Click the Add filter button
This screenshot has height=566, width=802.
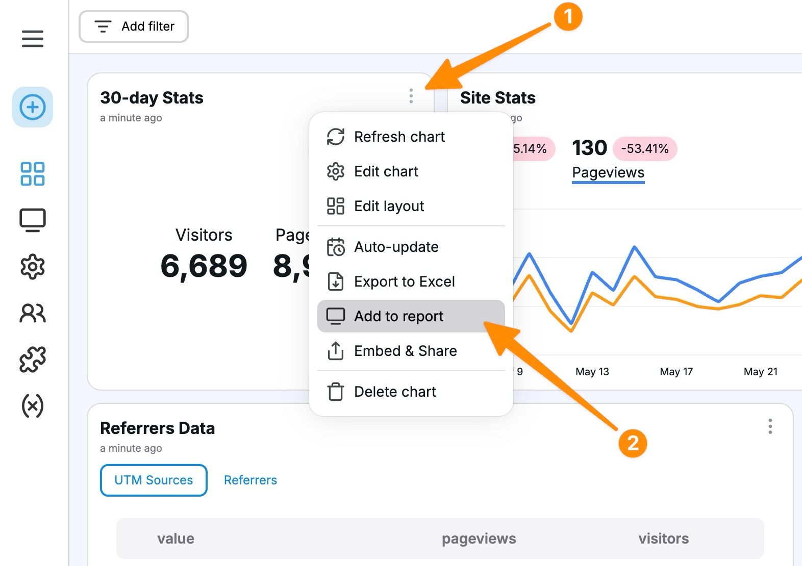pyautogui.click(x=134, y=27)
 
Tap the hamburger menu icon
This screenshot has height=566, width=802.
pyautogui.click(x=33, y=39)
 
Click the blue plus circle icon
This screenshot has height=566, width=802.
pyautogui.click(x=33, y=107)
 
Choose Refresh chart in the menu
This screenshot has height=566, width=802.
pyautogui.click(x=399, y=137)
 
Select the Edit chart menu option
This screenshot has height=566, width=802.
pyautogui.click(x=386, y=171)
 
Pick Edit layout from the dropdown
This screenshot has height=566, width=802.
pyautogui.click(x=389, y=206)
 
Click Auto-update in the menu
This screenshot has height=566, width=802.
pyautogui.click(x=396, y=247)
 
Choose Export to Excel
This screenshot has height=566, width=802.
pyautogui.click(x=404, y=281)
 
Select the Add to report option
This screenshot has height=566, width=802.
pyautogui.click(x=398, y=316)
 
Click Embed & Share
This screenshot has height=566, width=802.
pyautogui.click(x=405, y=351)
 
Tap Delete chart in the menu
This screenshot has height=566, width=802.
pyautogui.click(x=395, y=392)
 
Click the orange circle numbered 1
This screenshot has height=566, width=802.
pyautogui.click(x=568, y=17)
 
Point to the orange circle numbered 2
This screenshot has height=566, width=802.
pyautogui.click(x=633, y=443)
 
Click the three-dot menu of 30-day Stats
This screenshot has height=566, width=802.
pyautogui.click(x=411, y=96)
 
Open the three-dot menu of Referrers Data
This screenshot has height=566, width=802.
pyautogui.click(x=770, y=426)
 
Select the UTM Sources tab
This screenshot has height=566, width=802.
pyautogui.click(x=154, y=480)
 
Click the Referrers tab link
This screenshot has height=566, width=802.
pyautogui.click(x=250, y=480)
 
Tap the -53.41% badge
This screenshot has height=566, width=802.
pyautogui.click(x=645, y=148)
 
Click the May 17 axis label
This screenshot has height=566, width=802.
pyautogui.click(x=676, y=372)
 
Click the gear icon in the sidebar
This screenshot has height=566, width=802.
pyautogui.click(x=33, y=267)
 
